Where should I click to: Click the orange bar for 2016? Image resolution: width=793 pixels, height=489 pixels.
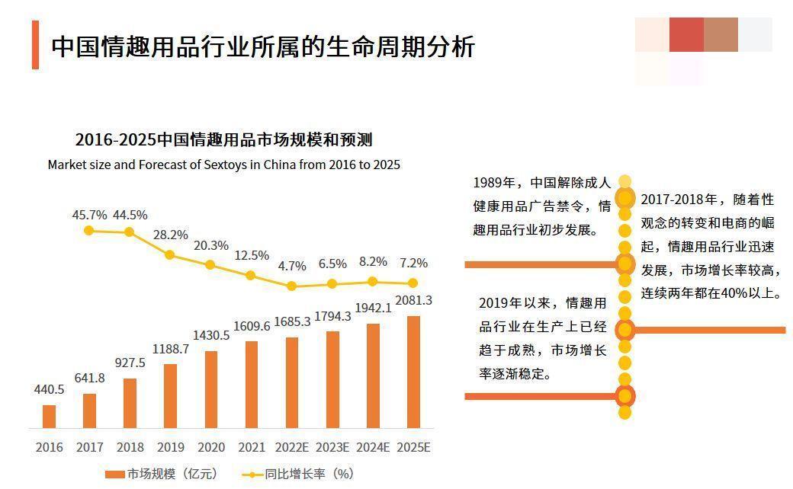point(49,416)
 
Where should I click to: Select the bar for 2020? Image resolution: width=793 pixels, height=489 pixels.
point(211,389)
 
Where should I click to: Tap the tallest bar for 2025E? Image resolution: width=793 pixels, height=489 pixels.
point(413,372)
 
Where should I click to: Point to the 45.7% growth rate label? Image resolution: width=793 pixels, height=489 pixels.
point(89,215)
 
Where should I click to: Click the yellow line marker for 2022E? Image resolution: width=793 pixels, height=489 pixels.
point(291,286)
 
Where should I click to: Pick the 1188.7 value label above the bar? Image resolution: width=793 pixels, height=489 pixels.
point(171,349)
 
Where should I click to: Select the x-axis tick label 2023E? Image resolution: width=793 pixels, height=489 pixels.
point(332,447)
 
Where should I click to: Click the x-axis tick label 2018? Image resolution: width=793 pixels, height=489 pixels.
point(130,447)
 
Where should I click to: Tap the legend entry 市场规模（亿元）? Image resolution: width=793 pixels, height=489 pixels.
point(162,474)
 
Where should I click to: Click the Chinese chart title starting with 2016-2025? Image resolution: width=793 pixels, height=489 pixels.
point(223,140)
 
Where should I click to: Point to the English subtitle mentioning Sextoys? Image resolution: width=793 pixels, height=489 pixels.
point(223,165)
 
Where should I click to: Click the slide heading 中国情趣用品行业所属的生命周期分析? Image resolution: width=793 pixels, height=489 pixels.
point(263,46)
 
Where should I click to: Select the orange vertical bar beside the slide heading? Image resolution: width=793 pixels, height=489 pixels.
point(35,45)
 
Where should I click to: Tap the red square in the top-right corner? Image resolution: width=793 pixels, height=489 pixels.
point(686,34)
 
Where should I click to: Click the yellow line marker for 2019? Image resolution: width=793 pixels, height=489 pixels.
point(170,255)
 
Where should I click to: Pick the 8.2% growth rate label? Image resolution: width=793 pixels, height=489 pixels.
point(373,262)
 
